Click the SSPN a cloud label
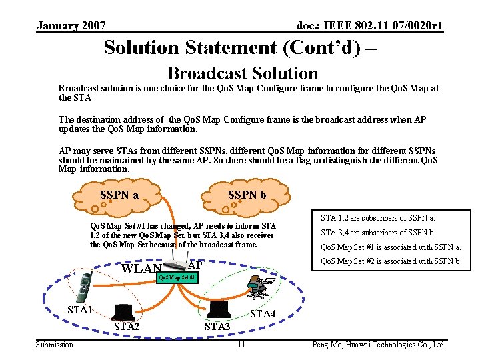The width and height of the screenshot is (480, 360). [x=119, y=195]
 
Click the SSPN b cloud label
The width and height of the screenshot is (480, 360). [x=247, y=195]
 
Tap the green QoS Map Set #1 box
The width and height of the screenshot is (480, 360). [x=177, y=277]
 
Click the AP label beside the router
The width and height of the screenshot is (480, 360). [x=196, y=263]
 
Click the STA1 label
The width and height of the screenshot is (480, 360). [x=80, y=310]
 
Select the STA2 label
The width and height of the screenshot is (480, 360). [x=127, y=327]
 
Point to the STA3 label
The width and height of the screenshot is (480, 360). [x=217, y=327]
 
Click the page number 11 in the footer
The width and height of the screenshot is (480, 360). [x=241, y=345]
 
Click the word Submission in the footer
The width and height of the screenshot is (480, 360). [x=55, y=345]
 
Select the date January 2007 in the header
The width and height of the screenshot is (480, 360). [x=71, y=26]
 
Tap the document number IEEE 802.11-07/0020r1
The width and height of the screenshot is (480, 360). [x=370, y=26]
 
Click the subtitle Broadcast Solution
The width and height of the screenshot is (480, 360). [x=242, y=73]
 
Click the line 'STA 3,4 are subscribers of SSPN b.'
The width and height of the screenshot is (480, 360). [x=378, y=233]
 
